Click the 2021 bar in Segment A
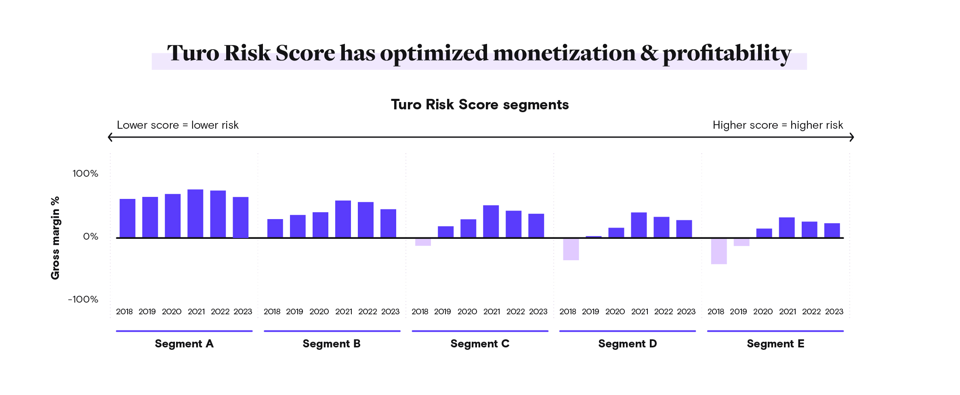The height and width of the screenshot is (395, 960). (195, 213)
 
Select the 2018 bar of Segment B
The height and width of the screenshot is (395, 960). (275, 228)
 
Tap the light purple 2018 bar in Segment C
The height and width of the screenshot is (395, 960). (423, 242)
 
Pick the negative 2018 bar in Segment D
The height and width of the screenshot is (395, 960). (571, 249)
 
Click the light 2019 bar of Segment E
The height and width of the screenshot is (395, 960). (741, 242)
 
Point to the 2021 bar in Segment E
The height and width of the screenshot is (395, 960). (786, 228)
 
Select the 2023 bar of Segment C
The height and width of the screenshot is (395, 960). (536, 226)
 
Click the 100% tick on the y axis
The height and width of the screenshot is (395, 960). (85, 173)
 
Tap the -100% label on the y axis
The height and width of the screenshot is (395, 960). (83, 299)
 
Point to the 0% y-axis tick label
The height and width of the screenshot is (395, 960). (90, 236)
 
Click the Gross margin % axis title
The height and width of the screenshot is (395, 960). (55, 238)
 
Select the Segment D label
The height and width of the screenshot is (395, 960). (627, 344)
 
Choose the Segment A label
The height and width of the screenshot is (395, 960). (184, 344)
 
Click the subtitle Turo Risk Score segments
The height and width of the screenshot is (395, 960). (480, 105)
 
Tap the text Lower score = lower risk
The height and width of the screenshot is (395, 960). (178, 125)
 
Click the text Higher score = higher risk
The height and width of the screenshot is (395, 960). (777, 125)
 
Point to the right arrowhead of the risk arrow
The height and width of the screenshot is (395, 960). (851, 137)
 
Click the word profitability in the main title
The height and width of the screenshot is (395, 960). (727, 54)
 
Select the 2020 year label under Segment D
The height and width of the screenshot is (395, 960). (615, 312)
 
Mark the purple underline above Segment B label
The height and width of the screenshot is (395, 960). (332, 331)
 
